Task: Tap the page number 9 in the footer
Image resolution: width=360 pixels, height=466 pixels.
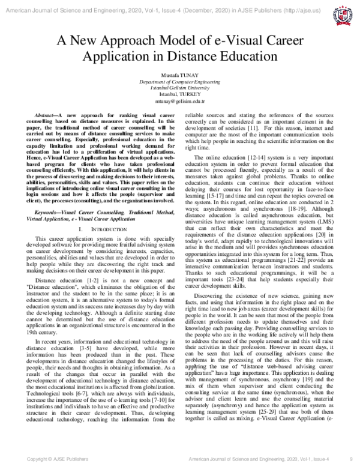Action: (350, 459)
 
